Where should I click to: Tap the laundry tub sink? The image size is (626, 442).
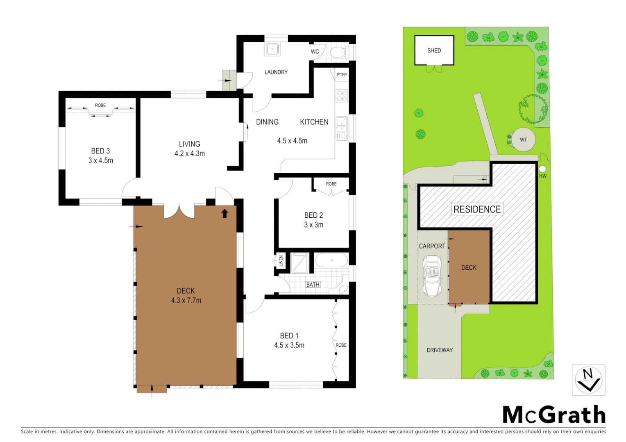point(272,49)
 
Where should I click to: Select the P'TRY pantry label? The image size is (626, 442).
point(342,75)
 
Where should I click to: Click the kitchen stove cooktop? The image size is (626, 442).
point(342,96)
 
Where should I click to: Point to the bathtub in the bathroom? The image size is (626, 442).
point(331,260)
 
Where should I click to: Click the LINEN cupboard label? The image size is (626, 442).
point(281,261)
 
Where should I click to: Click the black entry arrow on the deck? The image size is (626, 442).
point(225,213)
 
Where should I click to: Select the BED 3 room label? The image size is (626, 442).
point(100,151)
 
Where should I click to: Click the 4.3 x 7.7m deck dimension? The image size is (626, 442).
point(186,300)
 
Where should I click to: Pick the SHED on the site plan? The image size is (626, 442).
point(434,50)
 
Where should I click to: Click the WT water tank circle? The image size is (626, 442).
point(523,140)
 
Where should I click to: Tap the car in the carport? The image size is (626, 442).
point(432,275)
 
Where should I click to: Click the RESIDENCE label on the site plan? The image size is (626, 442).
point(477,210)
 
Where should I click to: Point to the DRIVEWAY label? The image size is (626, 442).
point(440,350)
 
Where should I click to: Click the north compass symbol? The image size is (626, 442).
point(588,380)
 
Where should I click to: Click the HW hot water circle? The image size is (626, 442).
point(542,169)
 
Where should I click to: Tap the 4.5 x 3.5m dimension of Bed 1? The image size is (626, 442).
point(289,345)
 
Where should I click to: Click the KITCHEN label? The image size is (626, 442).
point(314,122)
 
